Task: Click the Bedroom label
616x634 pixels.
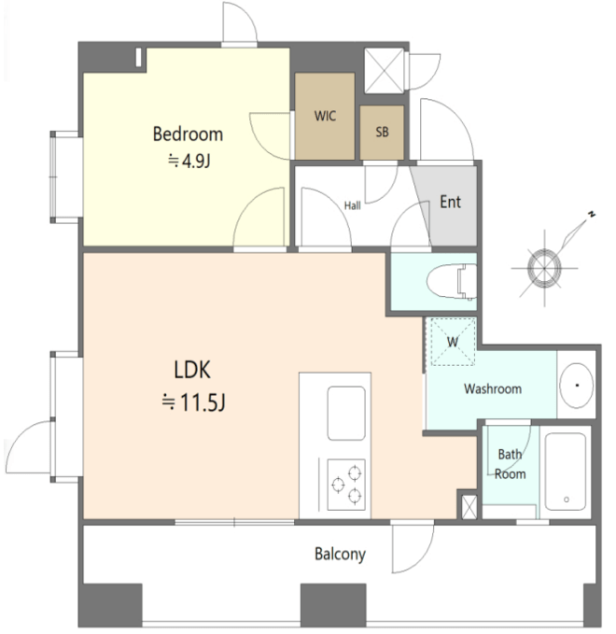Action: point(188,134)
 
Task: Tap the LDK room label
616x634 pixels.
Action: point(192,370)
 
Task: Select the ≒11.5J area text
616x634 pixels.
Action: point(193,402)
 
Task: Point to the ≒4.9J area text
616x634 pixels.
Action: point(189,162)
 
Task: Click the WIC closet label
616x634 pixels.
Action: point(325,116)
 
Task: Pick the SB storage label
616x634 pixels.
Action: point(382,132)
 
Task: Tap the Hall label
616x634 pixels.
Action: point(353,205)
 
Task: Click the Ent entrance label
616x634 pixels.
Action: point(450,202)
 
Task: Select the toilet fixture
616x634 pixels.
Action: point(452,281)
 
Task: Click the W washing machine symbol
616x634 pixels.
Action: point(453,342)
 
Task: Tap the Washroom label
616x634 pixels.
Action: point(493,389)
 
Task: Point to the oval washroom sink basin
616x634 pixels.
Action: point(577,386)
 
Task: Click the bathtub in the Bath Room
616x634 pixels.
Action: point(566,472)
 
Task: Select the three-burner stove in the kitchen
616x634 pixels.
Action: point(346,485)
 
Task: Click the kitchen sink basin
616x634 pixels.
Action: point(346,414)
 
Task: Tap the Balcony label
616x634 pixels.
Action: point(341,554)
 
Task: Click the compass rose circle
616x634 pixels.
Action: point(544,269)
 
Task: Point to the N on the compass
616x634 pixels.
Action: point(592,215)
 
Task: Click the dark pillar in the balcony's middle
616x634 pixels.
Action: point(333,604)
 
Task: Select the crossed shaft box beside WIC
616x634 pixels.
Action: point(385,71)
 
